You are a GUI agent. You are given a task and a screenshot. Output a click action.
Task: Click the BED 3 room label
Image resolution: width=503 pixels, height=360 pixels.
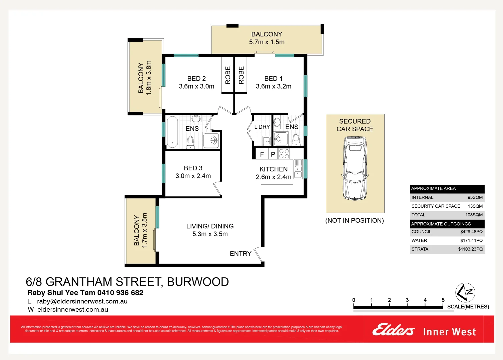[x=193, y=168]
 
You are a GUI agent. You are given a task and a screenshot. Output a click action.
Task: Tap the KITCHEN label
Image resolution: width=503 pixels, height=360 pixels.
[x=274, y=169]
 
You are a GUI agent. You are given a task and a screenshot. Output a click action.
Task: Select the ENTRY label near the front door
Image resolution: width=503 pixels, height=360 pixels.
[x=240, y=254]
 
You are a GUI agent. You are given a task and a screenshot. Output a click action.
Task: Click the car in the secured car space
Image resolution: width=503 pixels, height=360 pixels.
[x=355, y=168]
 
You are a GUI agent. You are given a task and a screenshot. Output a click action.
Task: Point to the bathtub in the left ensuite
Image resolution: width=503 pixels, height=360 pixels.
[x=172, y=132]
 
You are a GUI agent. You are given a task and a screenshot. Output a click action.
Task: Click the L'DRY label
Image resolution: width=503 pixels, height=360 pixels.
[x=262, y=127]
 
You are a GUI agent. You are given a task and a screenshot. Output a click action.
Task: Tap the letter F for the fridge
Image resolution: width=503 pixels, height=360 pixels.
[x=262, y=154]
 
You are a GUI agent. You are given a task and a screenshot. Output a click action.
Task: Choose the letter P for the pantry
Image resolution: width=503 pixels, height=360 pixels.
[x=273, y=154]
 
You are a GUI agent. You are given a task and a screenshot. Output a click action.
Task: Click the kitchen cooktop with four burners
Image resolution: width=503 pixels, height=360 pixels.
[x=284, y=154]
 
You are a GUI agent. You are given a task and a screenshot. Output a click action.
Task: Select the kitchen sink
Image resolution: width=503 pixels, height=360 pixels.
[x=298, y=169]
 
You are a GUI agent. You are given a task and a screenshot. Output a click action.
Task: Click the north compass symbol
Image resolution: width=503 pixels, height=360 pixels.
[x=465, y=293]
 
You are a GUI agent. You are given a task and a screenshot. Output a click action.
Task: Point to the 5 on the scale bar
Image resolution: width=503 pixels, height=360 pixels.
[x=443, y=300]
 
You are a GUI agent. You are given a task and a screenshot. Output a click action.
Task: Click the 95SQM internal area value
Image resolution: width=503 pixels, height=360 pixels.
[x=475, y=197]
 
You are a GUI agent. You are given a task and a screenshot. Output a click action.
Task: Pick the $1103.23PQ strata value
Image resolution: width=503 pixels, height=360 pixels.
[x=470, y=249]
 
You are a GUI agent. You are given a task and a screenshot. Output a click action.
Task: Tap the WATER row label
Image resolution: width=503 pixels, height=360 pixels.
[x=419, y=240]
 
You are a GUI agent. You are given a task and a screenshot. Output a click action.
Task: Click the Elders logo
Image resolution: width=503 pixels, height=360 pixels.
[x=394, y=330]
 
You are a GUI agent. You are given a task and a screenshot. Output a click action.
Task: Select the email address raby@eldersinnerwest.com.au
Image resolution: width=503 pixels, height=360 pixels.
[x=82, y=301]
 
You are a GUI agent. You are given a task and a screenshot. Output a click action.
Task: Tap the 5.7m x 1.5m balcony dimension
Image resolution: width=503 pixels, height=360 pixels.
[x=267, y=42]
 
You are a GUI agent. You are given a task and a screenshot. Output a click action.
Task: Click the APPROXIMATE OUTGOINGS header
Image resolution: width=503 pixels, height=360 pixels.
[x=441, y=224]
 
